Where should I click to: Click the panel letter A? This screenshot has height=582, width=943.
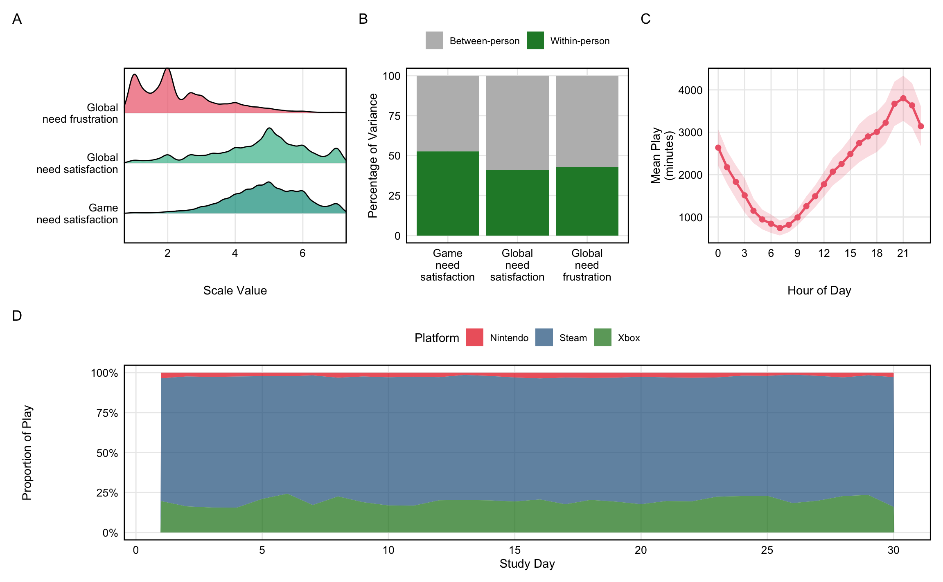[x=17, y=19]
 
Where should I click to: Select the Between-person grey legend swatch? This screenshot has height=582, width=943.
[x=434, y=40]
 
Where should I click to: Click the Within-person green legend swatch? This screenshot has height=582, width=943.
[x=535, y=40]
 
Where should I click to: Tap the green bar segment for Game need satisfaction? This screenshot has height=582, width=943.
[x=448, y=193]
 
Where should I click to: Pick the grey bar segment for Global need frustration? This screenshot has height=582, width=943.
[x=587, y=121]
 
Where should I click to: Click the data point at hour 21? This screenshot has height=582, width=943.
[x=903, y=99]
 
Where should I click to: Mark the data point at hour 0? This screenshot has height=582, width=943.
[x=718, y=148]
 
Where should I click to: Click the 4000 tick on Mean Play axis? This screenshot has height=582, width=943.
[x=690, y=90]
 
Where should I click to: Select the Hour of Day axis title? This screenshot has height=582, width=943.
[x=819, y=290]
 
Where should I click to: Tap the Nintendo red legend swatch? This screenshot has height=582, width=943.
[x=475, y=337]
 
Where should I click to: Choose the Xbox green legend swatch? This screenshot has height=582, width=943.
[x=602, y=337]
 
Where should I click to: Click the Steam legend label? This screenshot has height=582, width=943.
[x=573, y=338]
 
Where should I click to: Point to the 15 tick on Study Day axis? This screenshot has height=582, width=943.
[x=514, y=550]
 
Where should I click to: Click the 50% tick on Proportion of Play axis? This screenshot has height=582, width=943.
[x=107, y=453]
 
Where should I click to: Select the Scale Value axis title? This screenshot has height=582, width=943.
[x=235, y=290]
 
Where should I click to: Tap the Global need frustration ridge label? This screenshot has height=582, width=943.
[x=80, y=113]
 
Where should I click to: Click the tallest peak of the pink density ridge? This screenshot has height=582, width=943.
[x=167, y=69]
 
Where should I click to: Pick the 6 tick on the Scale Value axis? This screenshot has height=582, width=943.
[x=302, y=254]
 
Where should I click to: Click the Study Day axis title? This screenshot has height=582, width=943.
[x=527, y=564]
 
